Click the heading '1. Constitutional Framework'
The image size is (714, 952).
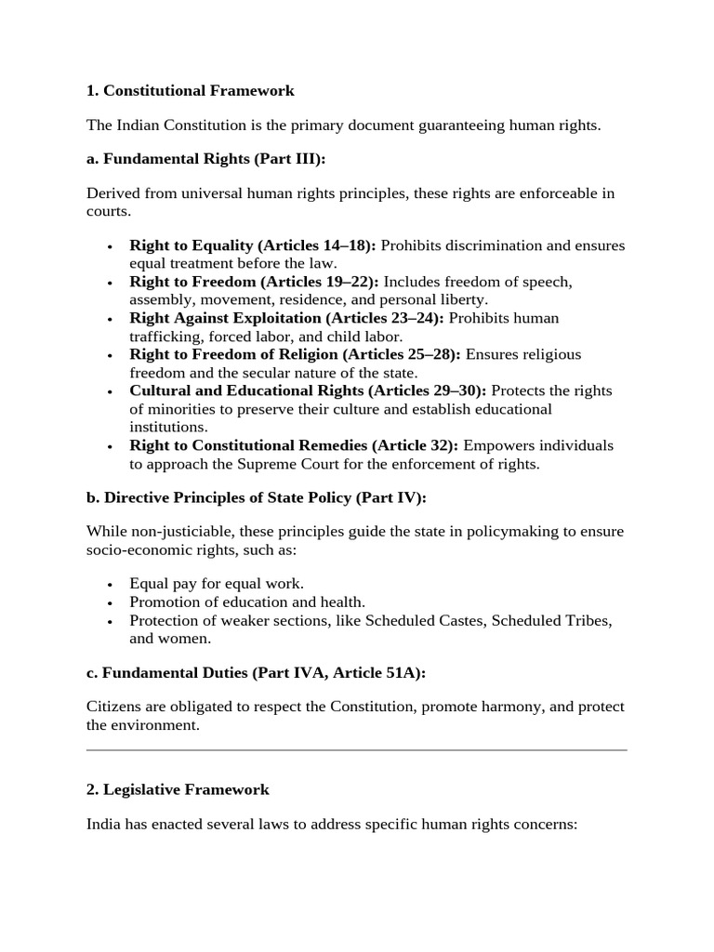pyautogui.click(x=191, y=90)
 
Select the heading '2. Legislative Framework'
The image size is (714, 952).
pyautogui.click(x=178, y=789)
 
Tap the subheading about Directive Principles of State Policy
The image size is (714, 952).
pyautogui.click(x=256, y=497)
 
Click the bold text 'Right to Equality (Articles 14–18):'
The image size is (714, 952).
pyautogui.click(x=253, y=245)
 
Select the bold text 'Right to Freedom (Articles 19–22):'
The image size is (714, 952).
pyautogui.click(x=254, y=282)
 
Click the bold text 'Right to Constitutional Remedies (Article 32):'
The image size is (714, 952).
pyautogui.click(x=294, y=445)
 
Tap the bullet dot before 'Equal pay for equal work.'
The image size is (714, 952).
pyautogui.click(x=110, y=585)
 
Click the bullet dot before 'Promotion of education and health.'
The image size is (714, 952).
pyautogui.click(x=110, y=603)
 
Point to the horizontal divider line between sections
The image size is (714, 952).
pyautogui.click(x=357, y=749)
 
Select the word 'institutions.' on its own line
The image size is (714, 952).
pyautogui.click(x=167, y=427)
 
